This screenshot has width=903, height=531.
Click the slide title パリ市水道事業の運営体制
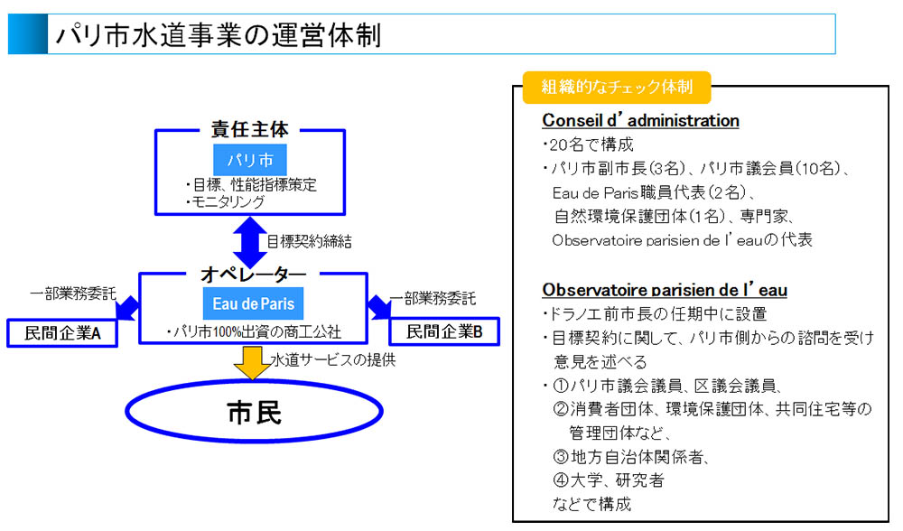tap(218, 36)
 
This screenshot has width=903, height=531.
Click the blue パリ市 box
tap(250, 160)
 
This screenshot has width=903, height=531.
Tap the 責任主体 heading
tap(250, 130)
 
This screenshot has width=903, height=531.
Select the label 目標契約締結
tap(309, 242)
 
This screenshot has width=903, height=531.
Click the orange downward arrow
tap(251, 362)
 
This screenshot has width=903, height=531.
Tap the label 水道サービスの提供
tap(333, 359)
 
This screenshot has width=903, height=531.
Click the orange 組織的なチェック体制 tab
tap(617, 88)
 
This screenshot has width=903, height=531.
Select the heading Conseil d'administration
tap(640, 121)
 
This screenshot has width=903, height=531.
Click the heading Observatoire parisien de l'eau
tap(665, 291)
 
